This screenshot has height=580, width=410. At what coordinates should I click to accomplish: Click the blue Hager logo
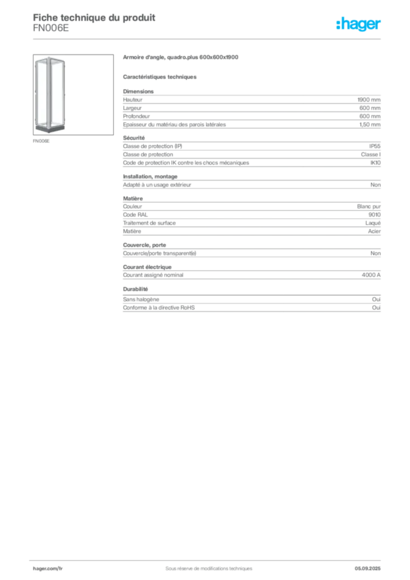pos(360,24)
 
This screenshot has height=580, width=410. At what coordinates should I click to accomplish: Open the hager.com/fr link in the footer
pos(48,568)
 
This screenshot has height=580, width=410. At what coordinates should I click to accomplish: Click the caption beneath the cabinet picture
pos(43,142)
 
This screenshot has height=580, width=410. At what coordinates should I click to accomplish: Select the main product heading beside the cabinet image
pos(182,58)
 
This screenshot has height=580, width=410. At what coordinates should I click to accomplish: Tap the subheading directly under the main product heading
pos(161,76)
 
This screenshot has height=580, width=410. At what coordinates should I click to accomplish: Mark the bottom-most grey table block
pos(251,305)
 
